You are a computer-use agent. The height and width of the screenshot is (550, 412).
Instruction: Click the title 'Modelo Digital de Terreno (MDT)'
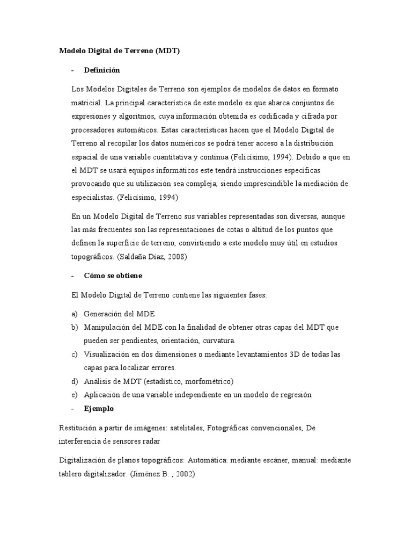pos(119,51)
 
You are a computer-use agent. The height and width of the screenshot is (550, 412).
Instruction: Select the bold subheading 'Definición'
pos(102,70)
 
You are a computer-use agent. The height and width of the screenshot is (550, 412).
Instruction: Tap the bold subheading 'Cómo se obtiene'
pos(113,276)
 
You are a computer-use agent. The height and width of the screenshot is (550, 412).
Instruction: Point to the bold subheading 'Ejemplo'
pos(99,408)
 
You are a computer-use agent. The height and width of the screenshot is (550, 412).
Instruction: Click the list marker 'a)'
pos(74,313)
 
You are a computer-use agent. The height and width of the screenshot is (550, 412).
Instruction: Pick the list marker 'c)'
pos(74,354)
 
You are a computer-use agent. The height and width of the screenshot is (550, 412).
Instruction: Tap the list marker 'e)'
pos(74,395)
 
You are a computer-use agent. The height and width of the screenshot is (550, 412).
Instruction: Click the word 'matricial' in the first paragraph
pos(86,102)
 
